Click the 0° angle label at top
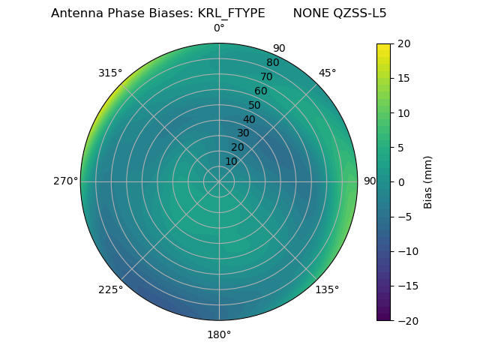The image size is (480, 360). point(219,28)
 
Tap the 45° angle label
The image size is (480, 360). point(327,73)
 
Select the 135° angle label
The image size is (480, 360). point(327,289)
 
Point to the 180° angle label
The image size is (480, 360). point(219,334)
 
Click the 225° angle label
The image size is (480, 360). point(110,289)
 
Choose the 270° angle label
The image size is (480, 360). point(65,181)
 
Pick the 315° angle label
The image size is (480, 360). point(110,73)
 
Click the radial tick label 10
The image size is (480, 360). point(232,161)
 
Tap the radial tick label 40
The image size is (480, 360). point(249,119)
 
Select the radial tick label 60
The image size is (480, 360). point(261,91)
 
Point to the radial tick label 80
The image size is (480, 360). point(272,62)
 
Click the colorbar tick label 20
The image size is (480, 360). point(403,43)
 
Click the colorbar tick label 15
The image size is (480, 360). point(403,78)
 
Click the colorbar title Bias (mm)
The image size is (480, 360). point(428,181)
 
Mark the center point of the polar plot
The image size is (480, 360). point(219,181)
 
